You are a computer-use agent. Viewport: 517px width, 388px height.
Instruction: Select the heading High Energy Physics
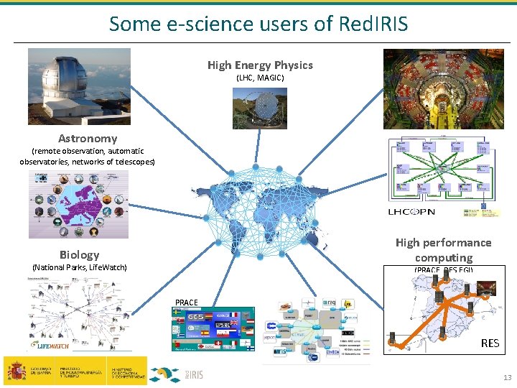[x=260, y=65]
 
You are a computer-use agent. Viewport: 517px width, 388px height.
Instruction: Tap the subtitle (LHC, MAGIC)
[x=260, y=78]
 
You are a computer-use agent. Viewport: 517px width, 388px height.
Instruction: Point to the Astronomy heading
[x=88, y=138]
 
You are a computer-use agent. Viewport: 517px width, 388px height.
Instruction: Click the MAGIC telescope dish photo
[x=259, y=108]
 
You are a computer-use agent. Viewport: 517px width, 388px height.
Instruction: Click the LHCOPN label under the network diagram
[x=411, y=212]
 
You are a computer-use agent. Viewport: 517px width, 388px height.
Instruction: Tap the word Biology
[x=80, y=254]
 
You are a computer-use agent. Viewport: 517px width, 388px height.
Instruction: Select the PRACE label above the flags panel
[x=187, y=302]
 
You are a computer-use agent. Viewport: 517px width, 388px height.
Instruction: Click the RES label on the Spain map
[x=490, y=343]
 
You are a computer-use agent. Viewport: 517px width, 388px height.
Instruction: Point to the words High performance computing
[x=443, y=250]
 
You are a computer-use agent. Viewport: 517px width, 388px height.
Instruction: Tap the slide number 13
[x=507, y=378]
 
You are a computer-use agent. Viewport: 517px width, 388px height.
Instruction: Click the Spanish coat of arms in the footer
[x=16, y=370]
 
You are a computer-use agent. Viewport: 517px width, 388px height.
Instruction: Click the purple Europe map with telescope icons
[x=78, y=205]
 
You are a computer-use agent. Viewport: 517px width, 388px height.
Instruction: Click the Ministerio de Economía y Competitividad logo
[x=126, y=371]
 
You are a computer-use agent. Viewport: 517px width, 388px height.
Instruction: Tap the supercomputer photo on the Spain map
[x=485, y=288]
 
